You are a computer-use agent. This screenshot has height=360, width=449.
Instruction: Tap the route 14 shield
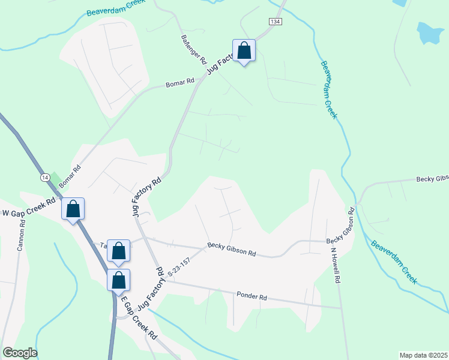pos(45,178)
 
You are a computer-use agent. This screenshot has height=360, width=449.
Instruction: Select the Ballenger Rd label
pos(193,49)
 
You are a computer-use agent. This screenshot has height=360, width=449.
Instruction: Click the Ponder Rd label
pos(251,295)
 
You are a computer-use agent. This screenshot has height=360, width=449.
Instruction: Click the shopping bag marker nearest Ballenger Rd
pos(244,51)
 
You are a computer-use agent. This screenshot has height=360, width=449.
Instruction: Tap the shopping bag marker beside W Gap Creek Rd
pos(73,209)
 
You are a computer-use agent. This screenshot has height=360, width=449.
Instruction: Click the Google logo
pos(19,353)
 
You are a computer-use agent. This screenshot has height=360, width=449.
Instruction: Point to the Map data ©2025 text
pos(423,355)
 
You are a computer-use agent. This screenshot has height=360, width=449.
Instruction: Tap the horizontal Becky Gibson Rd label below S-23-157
pos(232,250)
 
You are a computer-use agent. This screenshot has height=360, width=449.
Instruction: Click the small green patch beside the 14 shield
pos(55,179)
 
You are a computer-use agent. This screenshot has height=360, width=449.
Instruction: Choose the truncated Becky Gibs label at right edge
pos(433,179)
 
